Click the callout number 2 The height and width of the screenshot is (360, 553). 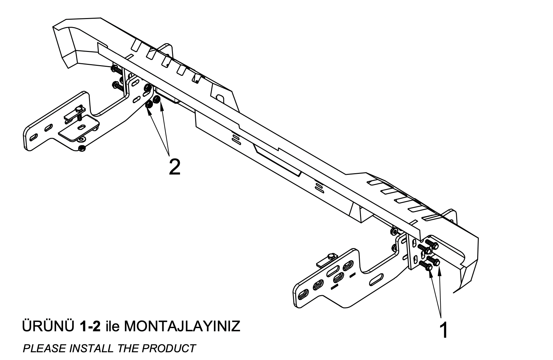pos(175,167)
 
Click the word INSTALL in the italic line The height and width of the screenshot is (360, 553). pos(92,348)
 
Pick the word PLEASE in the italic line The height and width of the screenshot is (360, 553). pos(45,348)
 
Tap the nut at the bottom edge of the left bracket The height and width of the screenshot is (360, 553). pos(82,148)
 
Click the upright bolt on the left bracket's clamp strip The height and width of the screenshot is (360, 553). pos(79,112)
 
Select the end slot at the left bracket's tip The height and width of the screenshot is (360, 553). pos(34,137)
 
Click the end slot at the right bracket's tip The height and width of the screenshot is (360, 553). pos(303,294)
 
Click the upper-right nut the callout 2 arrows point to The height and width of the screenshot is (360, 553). pos(157,99)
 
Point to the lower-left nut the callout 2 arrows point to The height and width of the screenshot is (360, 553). pos(149,105)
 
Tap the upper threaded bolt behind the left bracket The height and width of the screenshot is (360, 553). pos(117,70)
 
